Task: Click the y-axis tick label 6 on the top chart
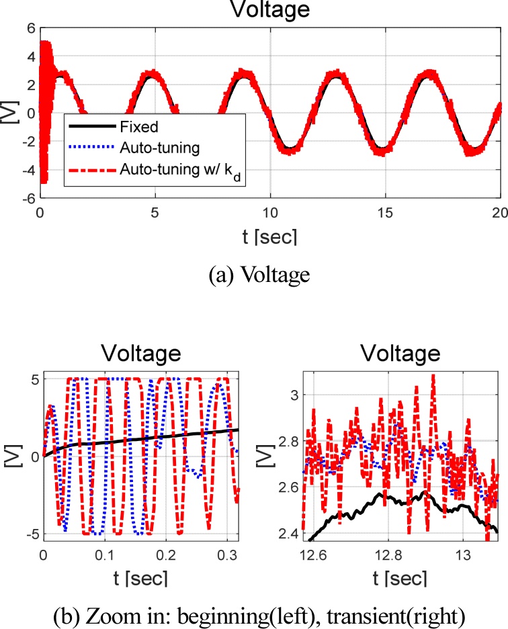point(29,28)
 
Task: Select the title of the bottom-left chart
point(141,354)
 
